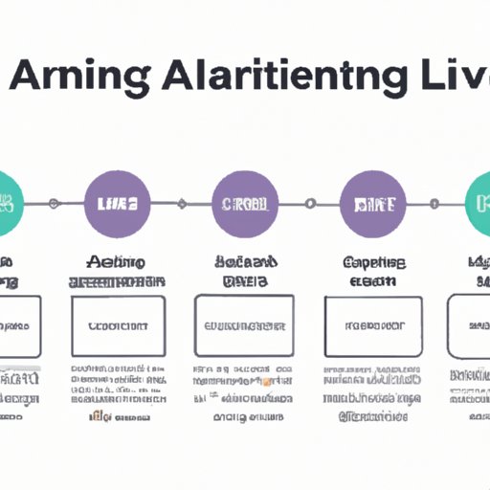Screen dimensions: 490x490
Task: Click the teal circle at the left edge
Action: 8,203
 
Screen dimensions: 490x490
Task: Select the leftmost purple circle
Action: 117,203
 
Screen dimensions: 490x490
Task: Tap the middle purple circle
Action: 244,203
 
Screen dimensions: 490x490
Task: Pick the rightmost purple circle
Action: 373,203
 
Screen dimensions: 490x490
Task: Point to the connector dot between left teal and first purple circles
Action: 55,203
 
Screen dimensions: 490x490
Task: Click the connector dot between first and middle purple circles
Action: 179,203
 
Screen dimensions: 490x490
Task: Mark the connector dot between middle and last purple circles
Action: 309,203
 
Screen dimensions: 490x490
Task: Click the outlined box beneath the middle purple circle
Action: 244,326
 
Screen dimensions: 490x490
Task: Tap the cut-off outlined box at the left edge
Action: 20,326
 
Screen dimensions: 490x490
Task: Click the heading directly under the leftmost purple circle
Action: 116,270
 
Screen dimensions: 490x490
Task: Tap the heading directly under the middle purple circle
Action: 243,270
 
